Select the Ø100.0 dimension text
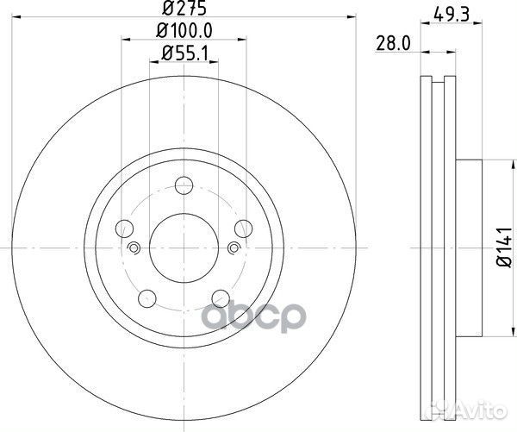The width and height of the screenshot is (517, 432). tap(184, 32)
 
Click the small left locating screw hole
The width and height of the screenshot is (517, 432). tap(134, 249)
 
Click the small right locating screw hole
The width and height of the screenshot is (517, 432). tap(234, 249)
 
